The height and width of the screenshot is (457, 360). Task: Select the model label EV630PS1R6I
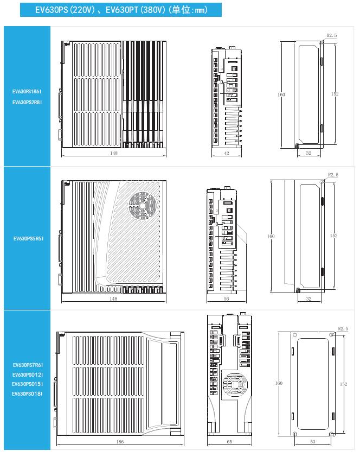pos(27,92)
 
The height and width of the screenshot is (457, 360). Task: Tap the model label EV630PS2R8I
pos(27,102)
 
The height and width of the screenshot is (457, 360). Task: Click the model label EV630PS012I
pos(27,375)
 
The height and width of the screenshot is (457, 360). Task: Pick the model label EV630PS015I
pos(27,384)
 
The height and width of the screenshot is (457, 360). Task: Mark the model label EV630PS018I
pos(27,394)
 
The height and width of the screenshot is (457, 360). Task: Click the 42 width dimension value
pos(227,154)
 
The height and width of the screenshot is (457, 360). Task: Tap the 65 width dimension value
pos(229,442)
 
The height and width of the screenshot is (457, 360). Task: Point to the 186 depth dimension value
pos(120,442)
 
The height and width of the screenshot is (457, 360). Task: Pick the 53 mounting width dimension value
pos(312,442)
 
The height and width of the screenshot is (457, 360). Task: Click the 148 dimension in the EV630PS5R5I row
pos(113,299)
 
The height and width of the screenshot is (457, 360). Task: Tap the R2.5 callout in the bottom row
pos(342,329)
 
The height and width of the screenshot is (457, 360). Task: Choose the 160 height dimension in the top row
pos(281,94)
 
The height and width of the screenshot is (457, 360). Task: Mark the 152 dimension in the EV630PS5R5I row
pos(334,236)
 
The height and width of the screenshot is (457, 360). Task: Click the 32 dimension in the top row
pos(308,154)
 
